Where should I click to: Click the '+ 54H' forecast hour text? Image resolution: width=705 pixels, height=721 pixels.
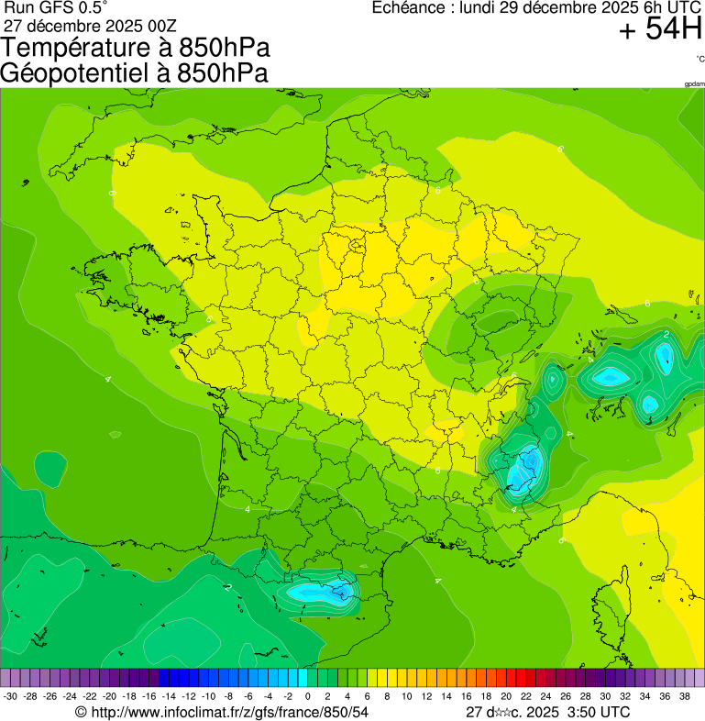660,30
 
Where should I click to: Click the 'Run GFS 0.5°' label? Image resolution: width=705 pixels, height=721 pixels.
56,7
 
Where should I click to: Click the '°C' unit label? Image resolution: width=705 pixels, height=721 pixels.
699,60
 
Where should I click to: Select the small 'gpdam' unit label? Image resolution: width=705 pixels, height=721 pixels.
694,84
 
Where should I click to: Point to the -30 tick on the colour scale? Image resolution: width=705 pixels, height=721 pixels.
11,696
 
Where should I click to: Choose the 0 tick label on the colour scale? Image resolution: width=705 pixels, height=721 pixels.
307,696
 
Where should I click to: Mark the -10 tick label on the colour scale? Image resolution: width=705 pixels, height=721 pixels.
208,696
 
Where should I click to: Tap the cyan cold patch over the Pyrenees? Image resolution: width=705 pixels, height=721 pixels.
321,590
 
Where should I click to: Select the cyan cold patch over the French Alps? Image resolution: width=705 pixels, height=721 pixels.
524,468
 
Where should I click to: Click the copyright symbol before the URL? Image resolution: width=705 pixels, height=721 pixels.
81,712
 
